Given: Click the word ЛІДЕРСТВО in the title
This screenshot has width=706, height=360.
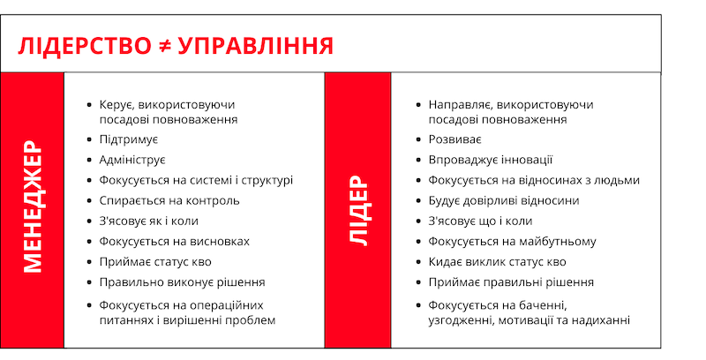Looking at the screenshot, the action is [85, 46].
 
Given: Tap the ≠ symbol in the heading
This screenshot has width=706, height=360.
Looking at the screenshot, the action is [165, 46].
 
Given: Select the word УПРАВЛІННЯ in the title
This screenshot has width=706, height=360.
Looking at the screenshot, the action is [256, 46].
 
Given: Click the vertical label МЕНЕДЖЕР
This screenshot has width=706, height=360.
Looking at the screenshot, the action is [33, 206].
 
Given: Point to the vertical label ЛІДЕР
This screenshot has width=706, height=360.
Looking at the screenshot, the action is [358, 211].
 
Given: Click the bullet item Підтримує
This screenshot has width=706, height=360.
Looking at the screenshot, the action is [129, 139].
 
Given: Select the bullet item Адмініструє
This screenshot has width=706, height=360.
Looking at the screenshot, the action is [133, 160].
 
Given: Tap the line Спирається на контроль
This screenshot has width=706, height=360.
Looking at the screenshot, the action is [169, 200].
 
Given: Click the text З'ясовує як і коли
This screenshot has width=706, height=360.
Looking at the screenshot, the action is [148, 221].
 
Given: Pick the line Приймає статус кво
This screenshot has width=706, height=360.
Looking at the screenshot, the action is [155, 262].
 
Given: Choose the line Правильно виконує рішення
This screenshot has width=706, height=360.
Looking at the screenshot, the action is [183, 282].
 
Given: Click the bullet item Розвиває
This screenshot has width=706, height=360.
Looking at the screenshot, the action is [455, 139].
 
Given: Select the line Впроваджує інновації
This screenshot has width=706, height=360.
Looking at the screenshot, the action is [491, 161].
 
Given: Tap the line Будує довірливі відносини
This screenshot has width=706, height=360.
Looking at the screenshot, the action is [504, 200].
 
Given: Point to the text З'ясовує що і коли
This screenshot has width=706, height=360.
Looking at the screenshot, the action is [480, 221].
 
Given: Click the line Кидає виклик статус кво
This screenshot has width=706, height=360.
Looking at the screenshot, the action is [497, 262].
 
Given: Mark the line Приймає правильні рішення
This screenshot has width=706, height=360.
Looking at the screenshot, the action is [511, 282].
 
